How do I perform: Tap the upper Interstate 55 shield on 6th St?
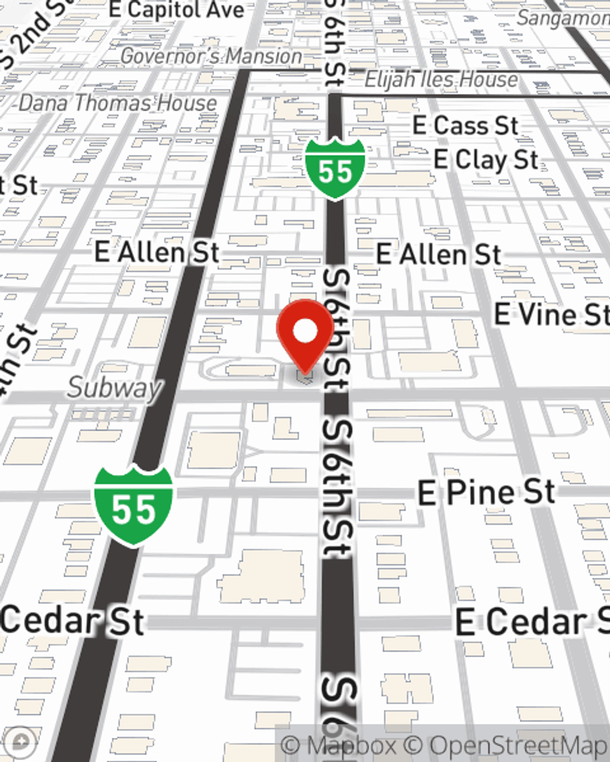(x=335, y=170)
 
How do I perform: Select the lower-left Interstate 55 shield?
(x=134, y=507)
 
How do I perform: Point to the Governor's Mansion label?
(x=211, y=57)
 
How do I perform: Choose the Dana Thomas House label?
(x=118, y=103)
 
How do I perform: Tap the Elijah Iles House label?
(x=441, y=79)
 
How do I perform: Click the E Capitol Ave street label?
(x=177, y=10)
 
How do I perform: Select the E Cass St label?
(x=465, y=126)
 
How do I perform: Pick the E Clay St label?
(x=486, y=160)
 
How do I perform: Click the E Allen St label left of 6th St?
(x=157, y=252)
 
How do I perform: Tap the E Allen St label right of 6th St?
(x=439, y=254)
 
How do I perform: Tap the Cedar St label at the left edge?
(x=72, y=621)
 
